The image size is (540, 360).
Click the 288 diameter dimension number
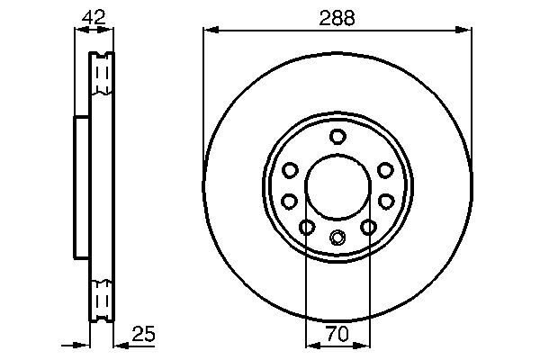click(337, 16)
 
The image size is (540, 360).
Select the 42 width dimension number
click(92, 16)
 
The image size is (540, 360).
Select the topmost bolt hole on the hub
click(337, 137)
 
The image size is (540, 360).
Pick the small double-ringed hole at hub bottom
click(337, 238)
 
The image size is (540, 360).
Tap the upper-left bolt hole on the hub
click(290, 170)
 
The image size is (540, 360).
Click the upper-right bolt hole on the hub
click(385, 170)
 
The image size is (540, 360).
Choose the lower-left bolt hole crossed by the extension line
click(307, 228)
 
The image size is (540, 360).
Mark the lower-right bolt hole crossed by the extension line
click(368, 228)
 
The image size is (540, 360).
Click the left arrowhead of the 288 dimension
click(210, 31)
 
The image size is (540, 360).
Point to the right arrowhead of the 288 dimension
click(466, 31)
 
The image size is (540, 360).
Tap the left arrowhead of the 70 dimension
click(311, 345)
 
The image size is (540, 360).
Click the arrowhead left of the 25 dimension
click(85, 345)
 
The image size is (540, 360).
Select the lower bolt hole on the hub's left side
click(290, 201)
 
